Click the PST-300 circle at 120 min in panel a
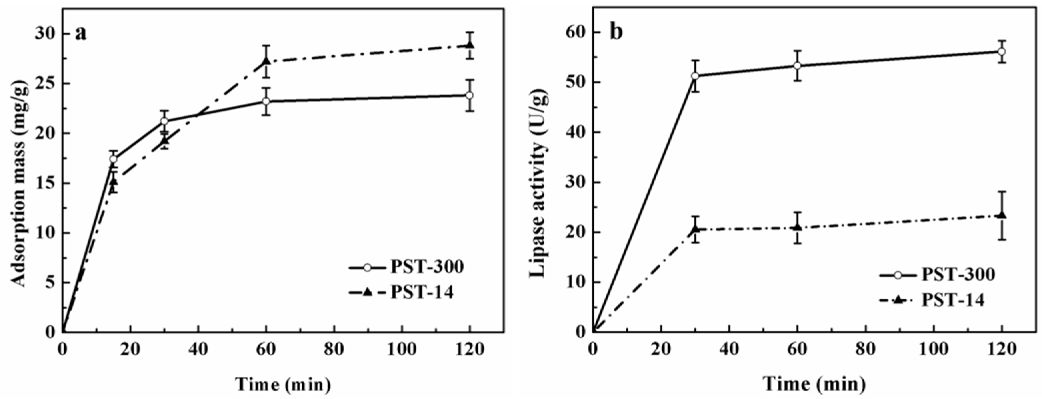(470, 95)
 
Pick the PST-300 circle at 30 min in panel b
(695, 76)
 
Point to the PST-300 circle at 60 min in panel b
(797, 66)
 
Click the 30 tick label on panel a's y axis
(44, 34)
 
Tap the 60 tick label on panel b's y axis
(574, 33)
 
